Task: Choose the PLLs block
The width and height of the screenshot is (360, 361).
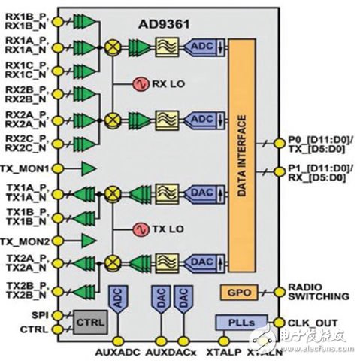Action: point(235,322)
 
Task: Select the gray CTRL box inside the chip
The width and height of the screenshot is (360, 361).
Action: point(91,321)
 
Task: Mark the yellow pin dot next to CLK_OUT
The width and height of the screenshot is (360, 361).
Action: point(280,322)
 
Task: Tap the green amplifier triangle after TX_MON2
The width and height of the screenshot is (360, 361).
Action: point(89,241)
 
